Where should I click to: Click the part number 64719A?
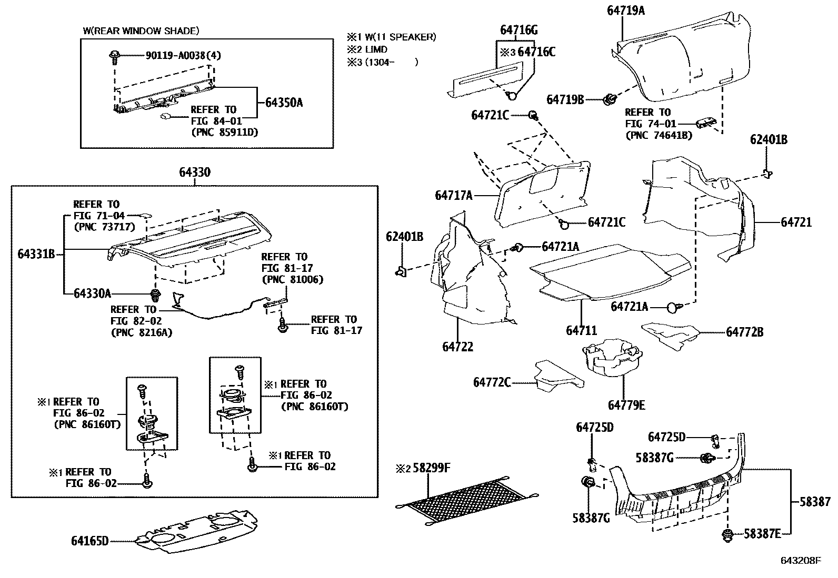click(x=626, y=11)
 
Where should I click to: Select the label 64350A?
click(x=284, y=103)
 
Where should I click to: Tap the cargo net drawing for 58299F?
click(x=467, y=501)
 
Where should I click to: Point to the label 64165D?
click(x=90, y=541)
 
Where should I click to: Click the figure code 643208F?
click(x=801, y=561)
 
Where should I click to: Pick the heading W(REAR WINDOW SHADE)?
click(x=141, y=31)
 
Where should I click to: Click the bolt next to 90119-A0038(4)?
click(x=114, y=57)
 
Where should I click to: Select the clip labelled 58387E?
click(x=727, y=535)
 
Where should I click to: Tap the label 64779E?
click(x=626, y=405)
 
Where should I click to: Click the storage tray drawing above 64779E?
click(x=612, y=357)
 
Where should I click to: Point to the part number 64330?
click(x=195, y=172)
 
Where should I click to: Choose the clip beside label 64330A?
click(x=155, y=295)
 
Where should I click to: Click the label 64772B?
click(x=745, y=332)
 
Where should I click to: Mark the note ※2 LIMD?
click(x=367, y=49)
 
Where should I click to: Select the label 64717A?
click(x=454, y=195)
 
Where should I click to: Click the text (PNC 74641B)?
click(x=659, y=135)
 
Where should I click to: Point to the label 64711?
click(x=582, y=330)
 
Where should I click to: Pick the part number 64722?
click(x=458, y=347)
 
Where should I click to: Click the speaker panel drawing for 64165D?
click(x=196, y=530)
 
